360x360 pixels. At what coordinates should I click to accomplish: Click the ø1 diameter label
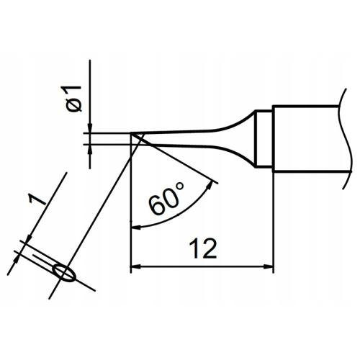(73, 98)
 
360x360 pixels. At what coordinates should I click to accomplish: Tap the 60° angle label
(166, 198)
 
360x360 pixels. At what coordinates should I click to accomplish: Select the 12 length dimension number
(203, 248)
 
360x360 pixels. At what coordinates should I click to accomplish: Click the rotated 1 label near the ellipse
(37, 200)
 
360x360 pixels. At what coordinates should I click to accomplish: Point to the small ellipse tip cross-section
(64, 273)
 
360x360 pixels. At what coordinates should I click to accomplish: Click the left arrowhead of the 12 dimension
(135, 266)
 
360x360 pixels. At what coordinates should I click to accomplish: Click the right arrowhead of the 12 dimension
(269, 266)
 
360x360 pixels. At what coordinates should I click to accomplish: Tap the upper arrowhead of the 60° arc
(210, 186)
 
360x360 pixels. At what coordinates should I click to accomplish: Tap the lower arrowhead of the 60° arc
(136, 227)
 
